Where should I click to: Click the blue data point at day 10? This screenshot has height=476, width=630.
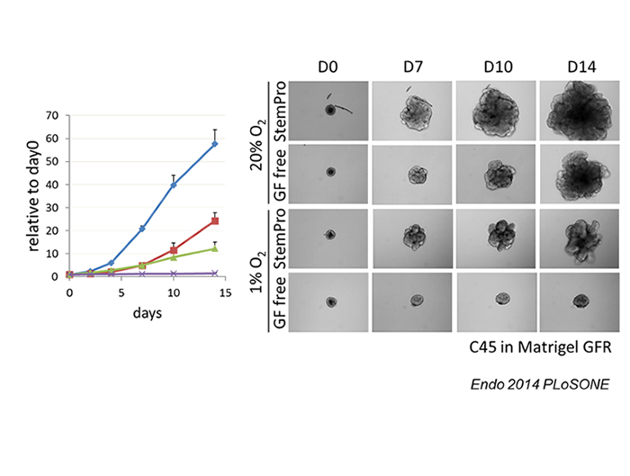[173, 184]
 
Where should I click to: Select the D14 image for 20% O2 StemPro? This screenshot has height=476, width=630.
[580, 111]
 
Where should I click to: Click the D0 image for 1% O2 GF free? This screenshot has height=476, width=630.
[330, 302]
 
